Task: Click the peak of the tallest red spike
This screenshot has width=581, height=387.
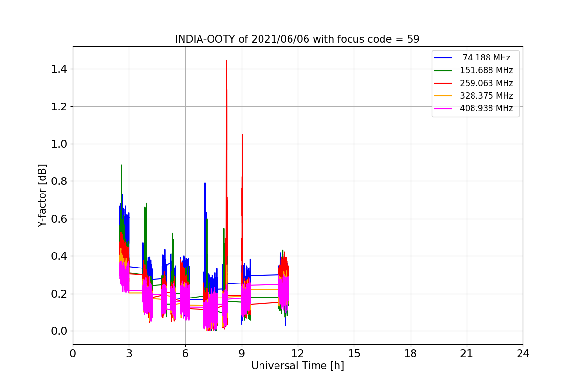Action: pyautogui.click(x=227, y=60)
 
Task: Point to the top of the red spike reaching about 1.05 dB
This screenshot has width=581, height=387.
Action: pyautogui.click(x=242, y=135)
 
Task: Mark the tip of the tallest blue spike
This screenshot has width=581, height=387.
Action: pyautogui.click(x=205, y=183)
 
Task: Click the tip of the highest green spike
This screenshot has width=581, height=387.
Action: pyautogui.click(x=122, y=165)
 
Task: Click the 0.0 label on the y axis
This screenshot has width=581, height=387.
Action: pyautogui.click(x=59, y=331)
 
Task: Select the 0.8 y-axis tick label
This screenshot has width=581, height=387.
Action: pyautogui.click(x=59, y=181)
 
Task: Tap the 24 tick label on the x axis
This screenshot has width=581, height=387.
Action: pyautogui.click(x=523, y=354)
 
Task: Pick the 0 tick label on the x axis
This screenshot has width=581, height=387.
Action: pyautogui.click(x=73, y=354)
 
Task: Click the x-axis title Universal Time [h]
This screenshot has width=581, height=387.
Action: pyautogui.click(x=298, y=366)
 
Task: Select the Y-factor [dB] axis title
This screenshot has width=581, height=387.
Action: pyautogui.click(x=42, y=196)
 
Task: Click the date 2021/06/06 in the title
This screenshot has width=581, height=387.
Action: pyautogui.click(x=280, y=39)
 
